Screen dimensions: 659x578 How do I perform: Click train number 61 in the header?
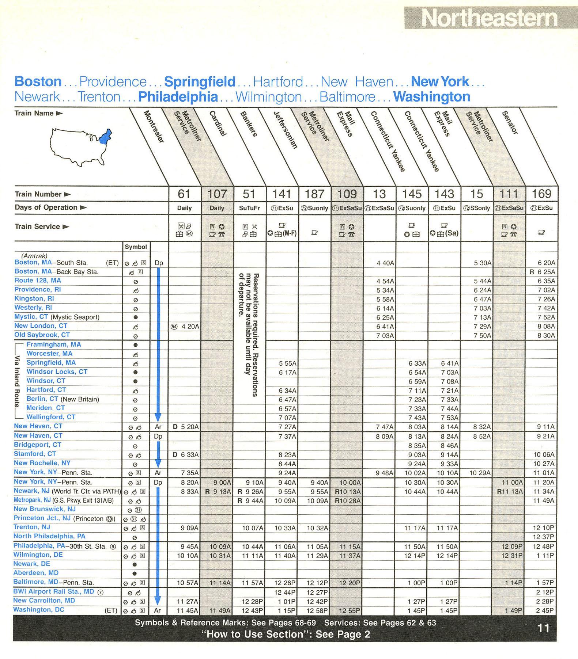(x=184, y=194)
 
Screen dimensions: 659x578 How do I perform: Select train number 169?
(x=541, y=194)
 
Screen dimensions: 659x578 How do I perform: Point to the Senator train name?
(x=510, y=122)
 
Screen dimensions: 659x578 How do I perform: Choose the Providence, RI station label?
(x=38, y=290)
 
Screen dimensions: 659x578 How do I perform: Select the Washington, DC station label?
(x=39, y=610)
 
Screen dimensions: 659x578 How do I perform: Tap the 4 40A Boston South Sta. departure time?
(x=385, y=263)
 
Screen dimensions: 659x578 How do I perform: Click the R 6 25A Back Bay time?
(x=542, y=272)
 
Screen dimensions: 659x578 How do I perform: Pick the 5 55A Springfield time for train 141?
(x=287, y=363)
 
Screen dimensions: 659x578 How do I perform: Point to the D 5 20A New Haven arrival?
(x=186, y=427)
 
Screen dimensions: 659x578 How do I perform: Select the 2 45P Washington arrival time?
(x=545, y=610)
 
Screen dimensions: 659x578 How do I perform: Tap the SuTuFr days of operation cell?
(x=249, y=208)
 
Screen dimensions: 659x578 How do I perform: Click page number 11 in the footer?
(x=543, y=628)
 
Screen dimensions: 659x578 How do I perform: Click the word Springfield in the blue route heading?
(x=200, y=82)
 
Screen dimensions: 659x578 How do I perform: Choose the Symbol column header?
(x=136, y=247)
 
